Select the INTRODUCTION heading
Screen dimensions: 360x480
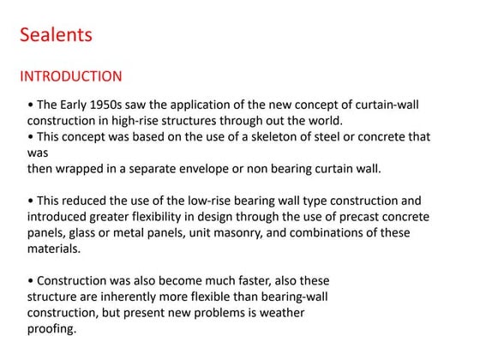pos(70,76)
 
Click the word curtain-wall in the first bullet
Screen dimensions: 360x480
pos(403,105)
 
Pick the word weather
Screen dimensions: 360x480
pos(280,313)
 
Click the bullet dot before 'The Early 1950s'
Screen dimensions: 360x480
pos(31,105)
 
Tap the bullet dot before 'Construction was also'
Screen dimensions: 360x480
pos(31,281)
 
